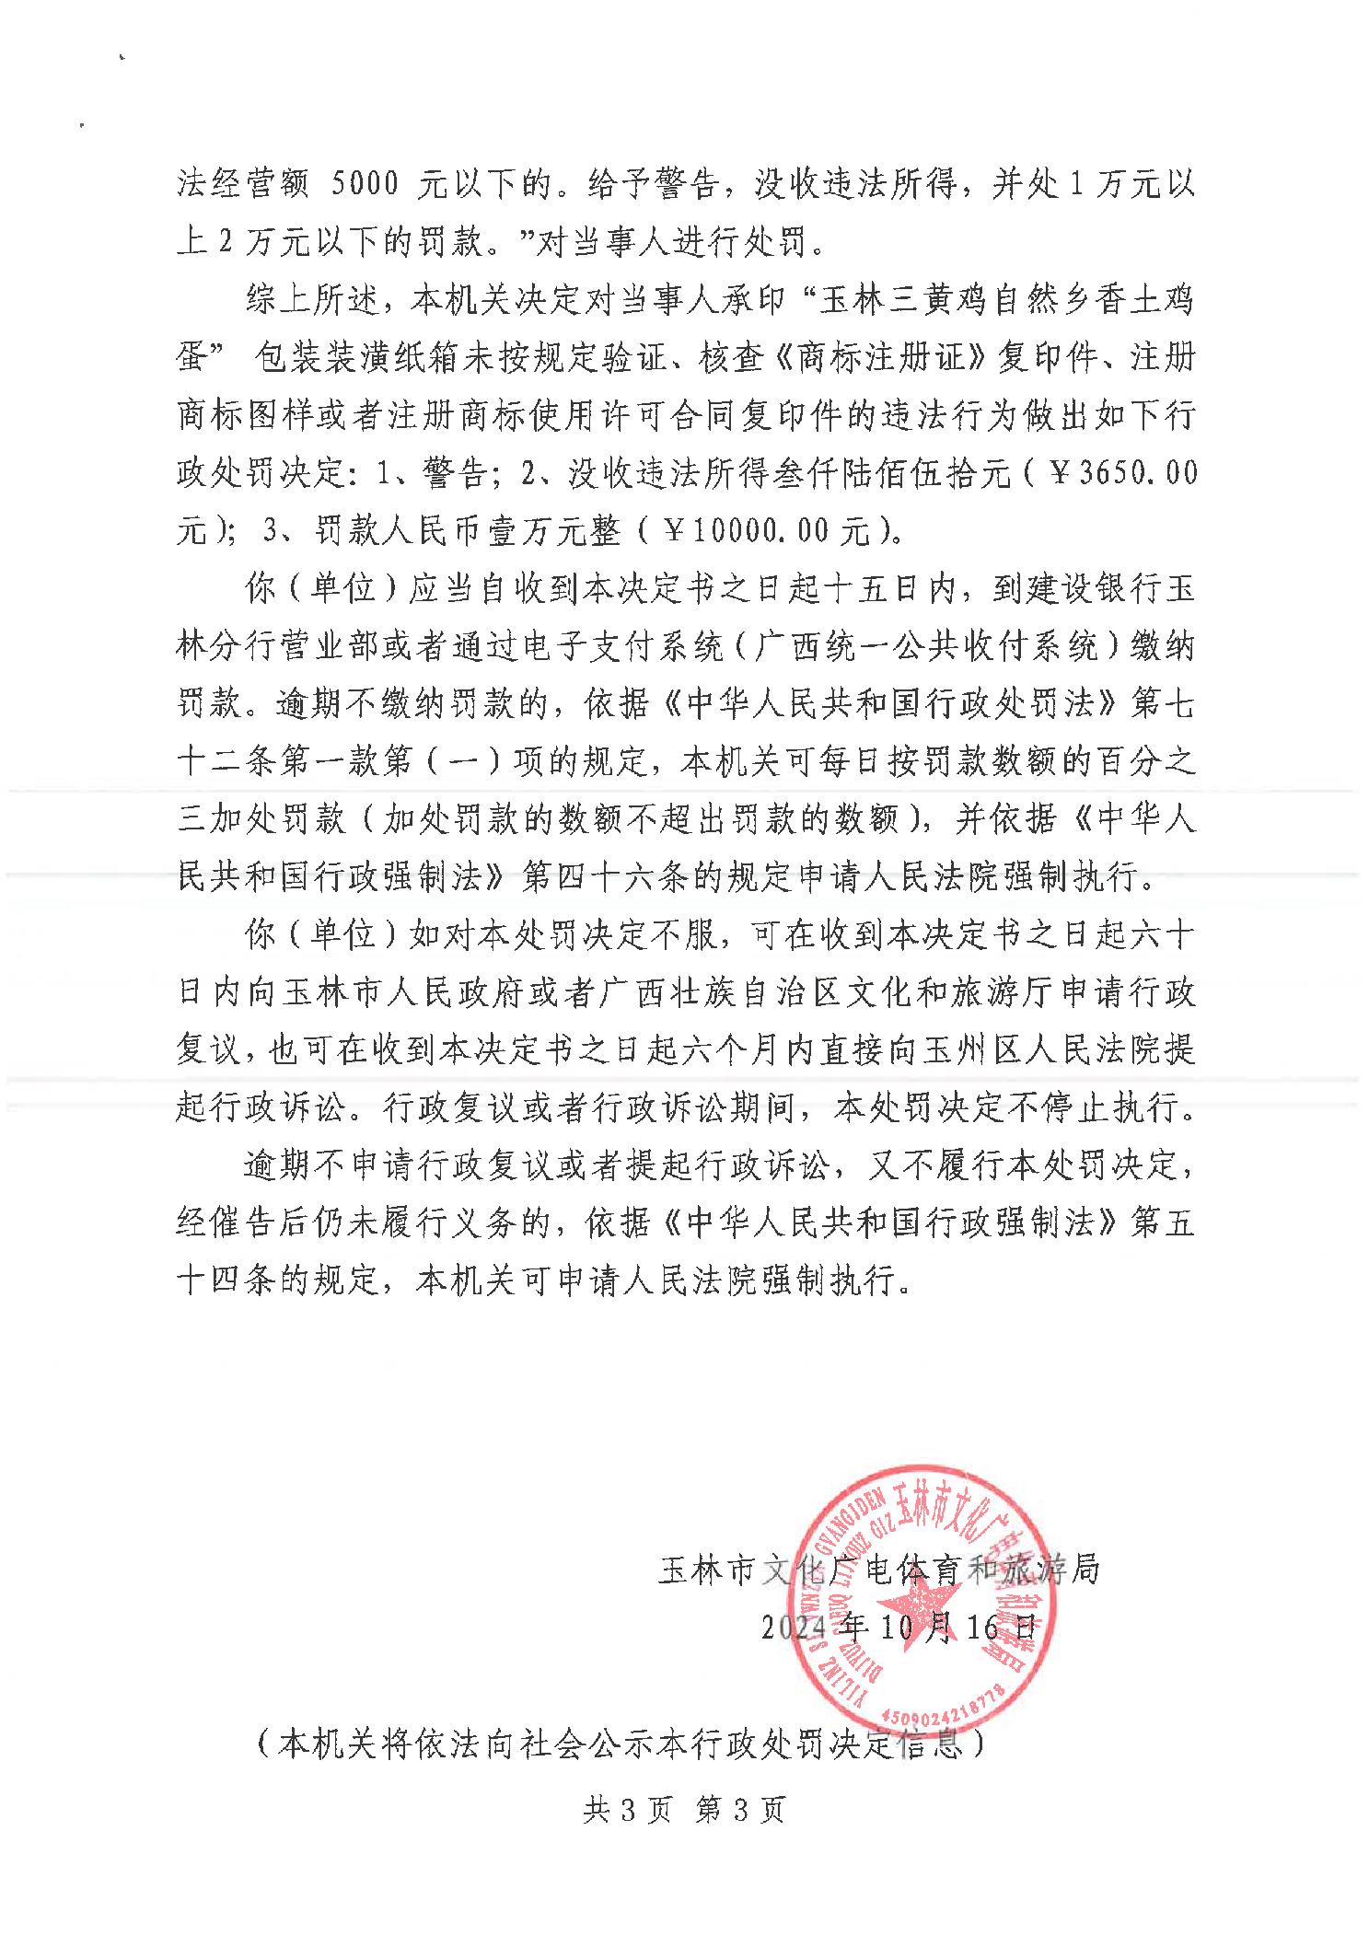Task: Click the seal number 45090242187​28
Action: pyautogui.click(x=945, y=1708)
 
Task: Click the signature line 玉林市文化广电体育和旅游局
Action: pyautogui.click(x=879, y=1569)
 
